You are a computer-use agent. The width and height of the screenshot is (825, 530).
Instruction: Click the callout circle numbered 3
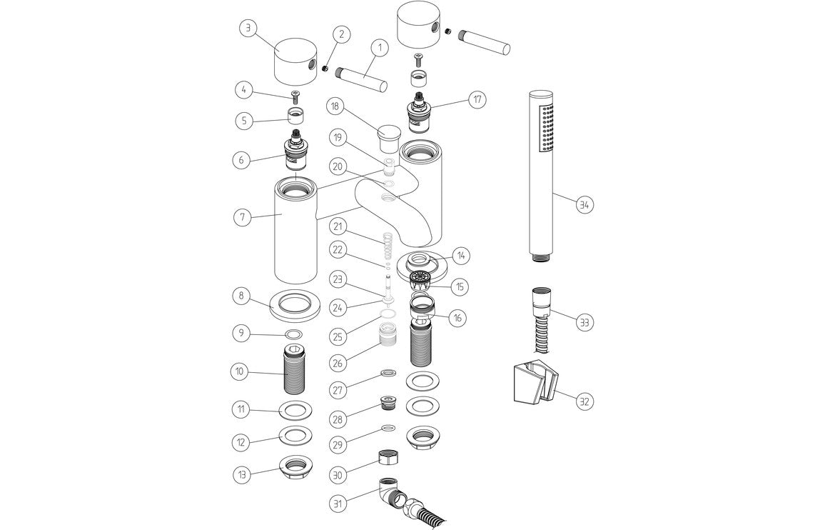coord(247,29)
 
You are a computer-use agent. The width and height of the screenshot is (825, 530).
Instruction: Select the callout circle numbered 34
coord(584,204)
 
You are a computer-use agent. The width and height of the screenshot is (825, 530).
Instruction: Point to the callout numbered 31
coord(338,503)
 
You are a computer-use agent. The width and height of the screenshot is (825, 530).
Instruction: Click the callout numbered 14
coord(462,255)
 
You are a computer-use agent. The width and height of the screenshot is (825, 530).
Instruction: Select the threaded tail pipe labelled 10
coord(295,372)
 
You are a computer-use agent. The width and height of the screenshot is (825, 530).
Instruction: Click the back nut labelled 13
coord(295,466)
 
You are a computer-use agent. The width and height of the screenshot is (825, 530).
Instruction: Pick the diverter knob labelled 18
coord(388,134)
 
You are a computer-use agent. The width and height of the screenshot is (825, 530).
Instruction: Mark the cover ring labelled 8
coord(295,304)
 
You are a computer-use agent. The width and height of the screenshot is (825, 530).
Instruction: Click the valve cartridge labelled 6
coord(295,154)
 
